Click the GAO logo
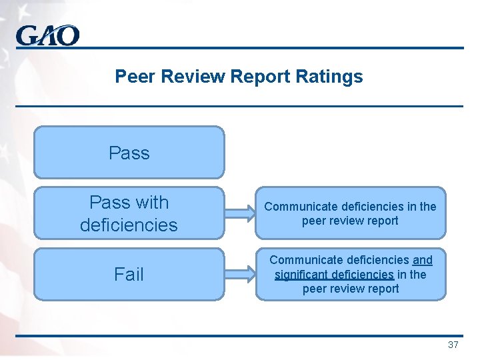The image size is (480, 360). (x=48, y=35)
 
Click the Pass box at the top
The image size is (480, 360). (x=129, y=153)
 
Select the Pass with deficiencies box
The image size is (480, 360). (x=129, y=213)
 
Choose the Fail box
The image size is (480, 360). (x=129, y=274)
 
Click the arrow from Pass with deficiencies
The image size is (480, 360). (x=239, y=213)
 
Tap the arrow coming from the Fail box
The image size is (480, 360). (x=239, y=274)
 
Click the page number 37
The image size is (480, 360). (x=453, y=345)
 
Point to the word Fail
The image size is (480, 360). (x=129, y=274)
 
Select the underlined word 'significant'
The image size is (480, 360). (x=300, y=274)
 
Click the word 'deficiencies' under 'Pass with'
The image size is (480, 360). (x=129, y=225)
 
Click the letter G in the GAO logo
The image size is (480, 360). (x=28, y=35)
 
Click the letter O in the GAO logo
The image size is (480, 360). (x=67, y=35)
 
